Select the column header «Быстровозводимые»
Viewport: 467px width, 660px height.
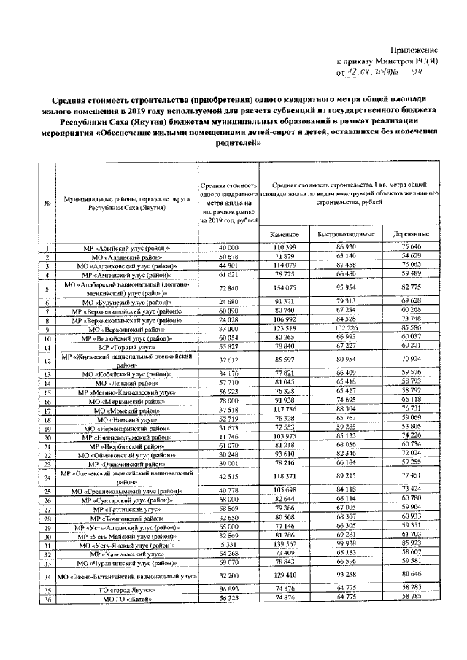coord(346,235)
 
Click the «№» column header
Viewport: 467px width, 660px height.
coord(47,203)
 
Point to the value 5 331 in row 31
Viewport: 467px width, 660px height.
coord(228,545)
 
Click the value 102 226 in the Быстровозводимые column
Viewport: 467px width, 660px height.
coord(346,329)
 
